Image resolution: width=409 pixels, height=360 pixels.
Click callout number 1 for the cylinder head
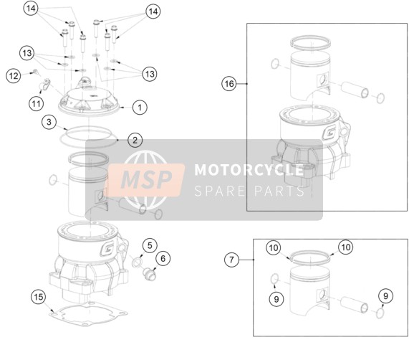click(x=140, y=108)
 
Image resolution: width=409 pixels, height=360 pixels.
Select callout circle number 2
click(x=135, y=140)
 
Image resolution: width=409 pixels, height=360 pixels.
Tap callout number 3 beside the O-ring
click(x=49, y=122)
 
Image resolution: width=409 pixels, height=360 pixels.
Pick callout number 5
click(x=150, y=245)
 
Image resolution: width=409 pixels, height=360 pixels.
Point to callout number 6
click(x=163, y=258)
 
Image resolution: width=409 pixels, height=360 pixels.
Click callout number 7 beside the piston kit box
click(x=231, y=260)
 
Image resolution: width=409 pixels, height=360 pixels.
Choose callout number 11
click(x=36, y=104)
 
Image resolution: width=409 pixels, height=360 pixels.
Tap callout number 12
click(x=14, y=76)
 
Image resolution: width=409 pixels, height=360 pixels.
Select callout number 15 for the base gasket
click(x=39, y=297)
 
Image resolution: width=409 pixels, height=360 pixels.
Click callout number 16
click(x=229, y=84)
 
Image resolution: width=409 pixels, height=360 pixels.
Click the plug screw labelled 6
click(x=149, y=275)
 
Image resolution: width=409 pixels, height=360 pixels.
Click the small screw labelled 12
click(x=35, y=71)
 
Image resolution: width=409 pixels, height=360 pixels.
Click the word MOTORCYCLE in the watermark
click(x=249, y=170)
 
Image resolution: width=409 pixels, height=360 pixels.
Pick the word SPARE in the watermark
click(x=219, y=191)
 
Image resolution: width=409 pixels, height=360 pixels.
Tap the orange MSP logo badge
click(x=146, y=180)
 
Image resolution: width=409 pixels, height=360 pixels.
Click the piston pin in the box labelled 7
click(x=355, y=305)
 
